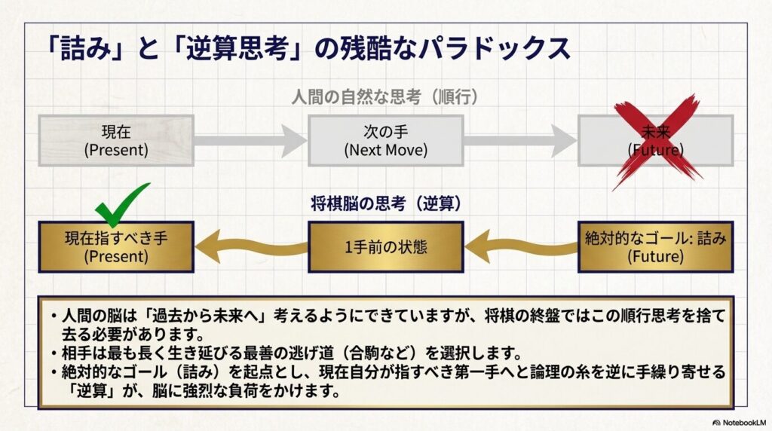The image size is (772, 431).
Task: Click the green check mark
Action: pos(121,204)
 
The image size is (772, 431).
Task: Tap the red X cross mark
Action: pos(656,141)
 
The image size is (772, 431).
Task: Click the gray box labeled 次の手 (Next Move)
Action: pos(385,140)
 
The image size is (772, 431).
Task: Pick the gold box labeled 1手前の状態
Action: pos(385,246)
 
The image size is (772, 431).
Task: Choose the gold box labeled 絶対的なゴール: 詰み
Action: pos(655,246)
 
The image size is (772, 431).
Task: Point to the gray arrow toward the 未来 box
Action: pos(520,140)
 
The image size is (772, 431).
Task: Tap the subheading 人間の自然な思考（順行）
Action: pos(385,97)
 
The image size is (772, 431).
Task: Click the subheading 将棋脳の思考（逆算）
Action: pos(385,203)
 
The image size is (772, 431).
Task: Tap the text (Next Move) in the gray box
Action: pos(385,149)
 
